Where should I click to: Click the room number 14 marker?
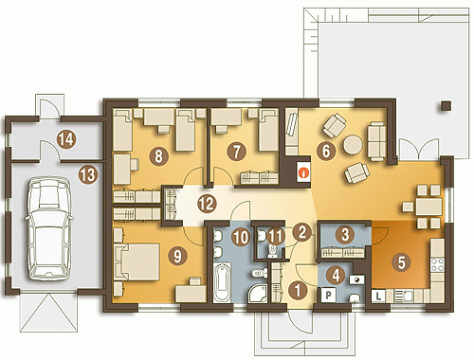coord(66,139)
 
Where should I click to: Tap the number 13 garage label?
coord(88,174)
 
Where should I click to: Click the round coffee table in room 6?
coord(353,145)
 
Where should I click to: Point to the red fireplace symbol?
coord(304,172)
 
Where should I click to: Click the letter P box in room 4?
coord(329,296)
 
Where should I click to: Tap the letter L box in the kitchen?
coord(378,297)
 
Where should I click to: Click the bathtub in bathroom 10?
coord(222,282)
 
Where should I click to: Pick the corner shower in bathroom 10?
coord(257,293)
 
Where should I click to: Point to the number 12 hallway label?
coord(208,204)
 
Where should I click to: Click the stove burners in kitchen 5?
coord(437,264)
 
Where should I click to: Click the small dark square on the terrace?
coord(446,106)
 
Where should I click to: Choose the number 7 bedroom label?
coord(236,151)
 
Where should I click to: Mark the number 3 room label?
coord(345,234)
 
